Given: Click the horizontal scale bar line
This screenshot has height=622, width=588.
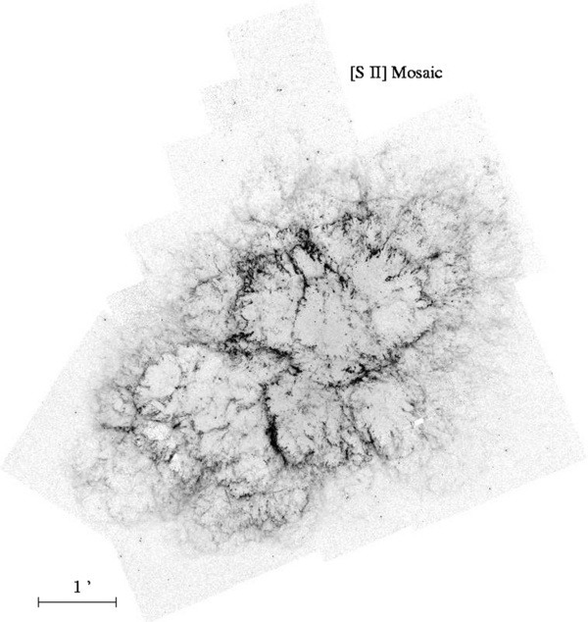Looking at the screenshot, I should click(77, 600).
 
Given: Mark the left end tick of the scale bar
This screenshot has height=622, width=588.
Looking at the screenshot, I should click(38, 600).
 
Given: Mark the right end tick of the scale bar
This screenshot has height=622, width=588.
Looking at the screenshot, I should click(117, 600).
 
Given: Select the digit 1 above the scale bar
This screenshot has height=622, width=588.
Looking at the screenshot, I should click(77, 586).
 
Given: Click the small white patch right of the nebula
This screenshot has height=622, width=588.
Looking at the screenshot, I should click(418, 423).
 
